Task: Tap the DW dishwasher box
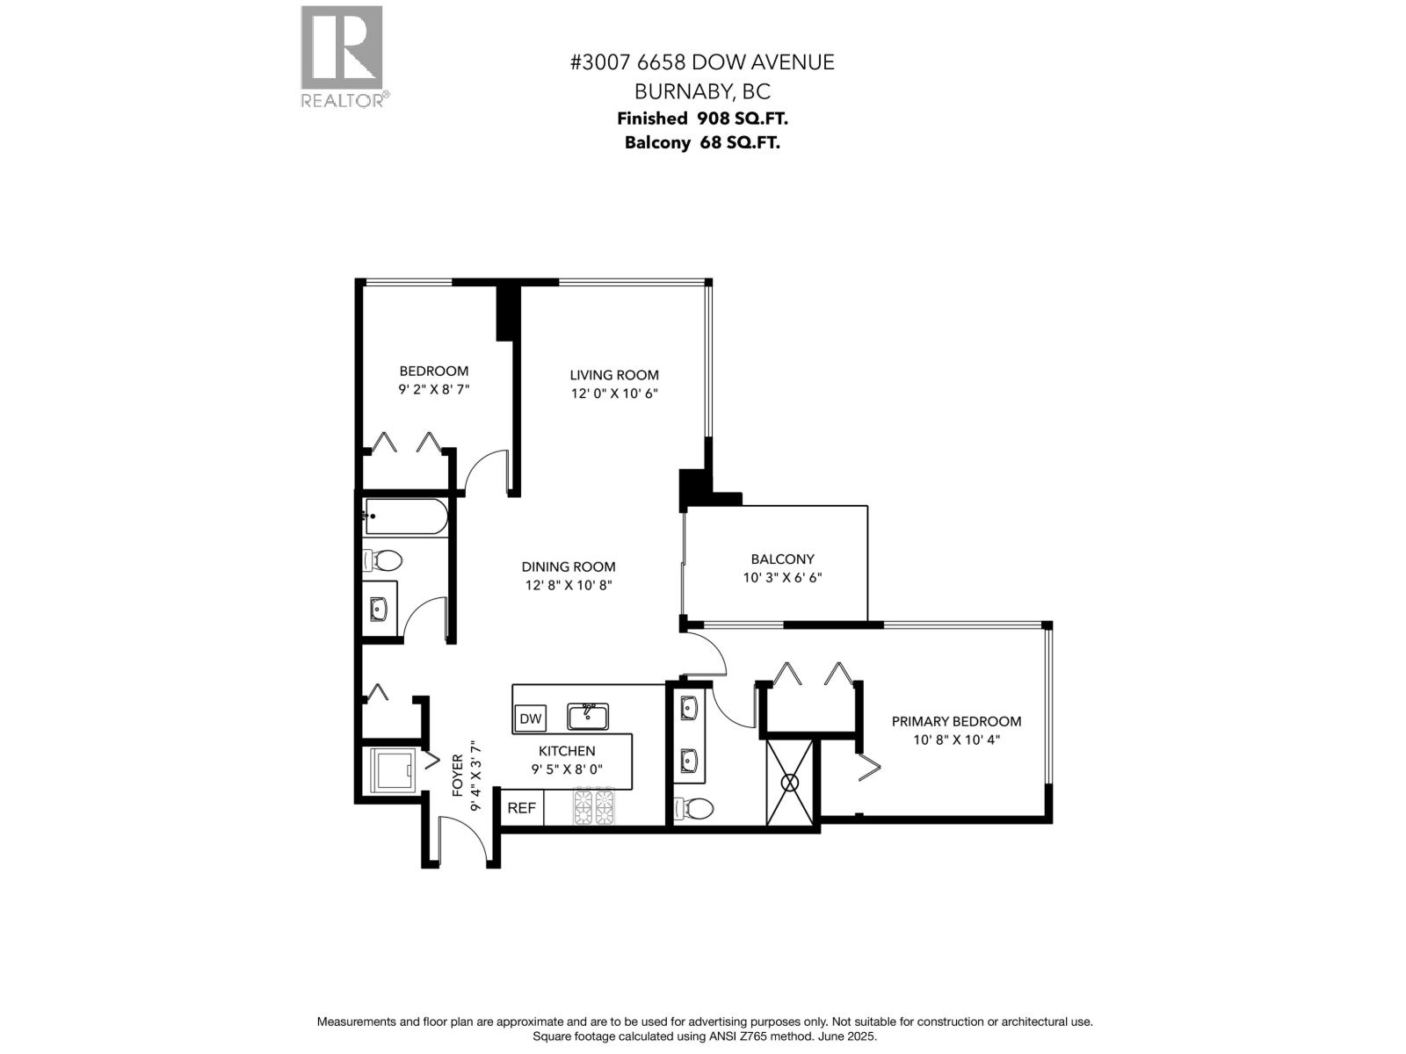530,718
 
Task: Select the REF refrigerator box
521,807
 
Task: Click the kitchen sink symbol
588,716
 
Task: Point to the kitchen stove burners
594,807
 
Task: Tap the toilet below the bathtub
383,559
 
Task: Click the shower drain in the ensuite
790,782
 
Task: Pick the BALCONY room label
782,559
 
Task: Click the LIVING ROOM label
614,375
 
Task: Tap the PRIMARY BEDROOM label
956,721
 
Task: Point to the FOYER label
458,776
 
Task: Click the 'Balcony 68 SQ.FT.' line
702,142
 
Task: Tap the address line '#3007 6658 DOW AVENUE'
702,62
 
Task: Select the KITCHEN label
567,751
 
